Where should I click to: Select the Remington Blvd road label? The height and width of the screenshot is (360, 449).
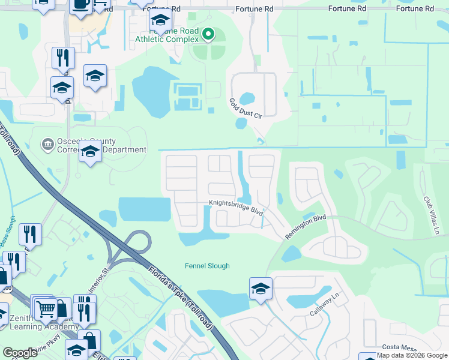coord(305,227)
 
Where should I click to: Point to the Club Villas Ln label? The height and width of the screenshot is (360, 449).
coord(431,207)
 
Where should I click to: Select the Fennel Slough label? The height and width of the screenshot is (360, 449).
coord(207,266)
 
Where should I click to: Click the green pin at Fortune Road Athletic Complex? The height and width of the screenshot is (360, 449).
coord(208,34)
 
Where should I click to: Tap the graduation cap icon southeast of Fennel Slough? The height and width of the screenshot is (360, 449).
coord(261,289)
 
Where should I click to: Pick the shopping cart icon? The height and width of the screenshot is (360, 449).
coord(46,309)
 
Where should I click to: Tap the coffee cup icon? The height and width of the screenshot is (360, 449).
coord(80,5)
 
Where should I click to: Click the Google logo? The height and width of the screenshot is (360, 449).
coord(20,353)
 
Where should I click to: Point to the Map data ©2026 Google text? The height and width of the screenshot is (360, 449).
coord(412,355)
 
